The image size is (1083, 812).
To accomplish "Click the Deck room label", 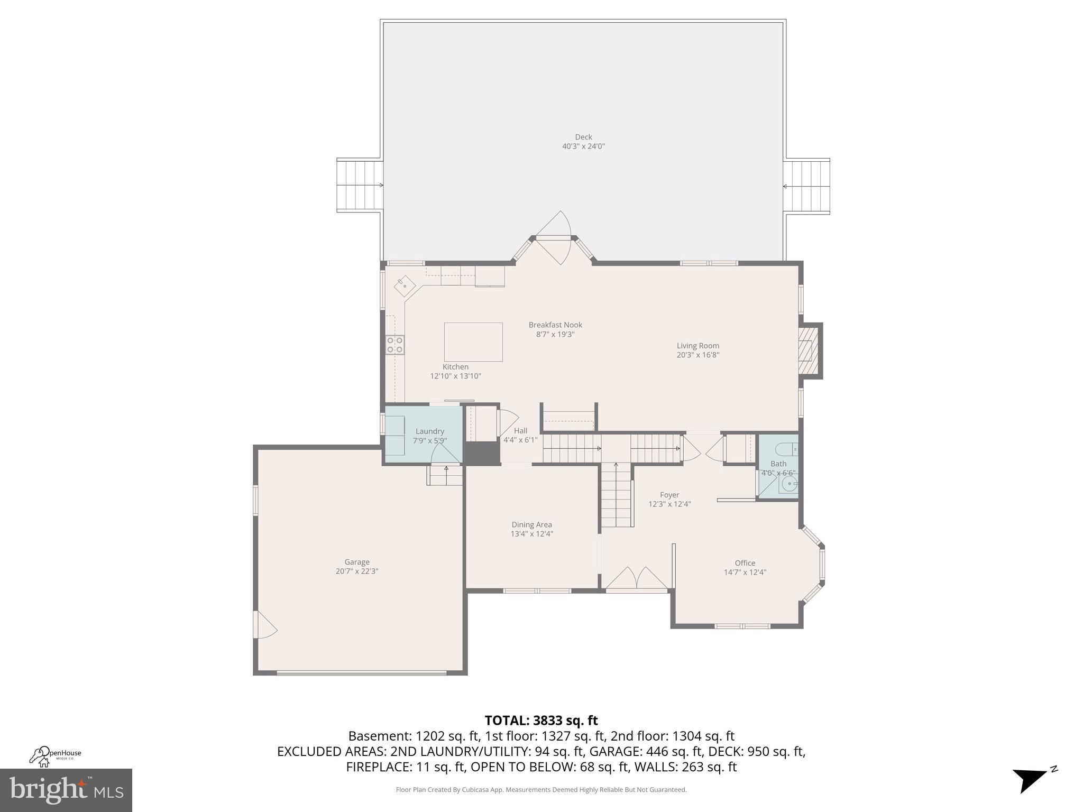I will [x=583, y=137].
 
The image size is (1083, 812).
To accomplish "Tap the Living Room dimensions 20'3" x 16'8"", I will [x=698, y=355].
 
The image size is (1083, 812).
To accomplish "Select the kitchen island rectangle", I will [x=473, y=342].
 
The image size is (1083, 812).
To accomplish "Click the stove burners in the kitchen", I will [x=394, y=345].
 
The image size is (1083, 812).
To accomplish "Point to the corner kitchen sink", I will [x=405, y=285].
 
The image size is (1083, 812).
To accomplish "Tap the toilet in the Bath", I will [x=786, y=449].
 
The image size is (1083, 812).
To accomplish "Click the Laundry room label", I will [x=429, y=431].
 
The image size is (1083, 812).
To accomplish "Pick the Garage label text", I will [x=357, y=562].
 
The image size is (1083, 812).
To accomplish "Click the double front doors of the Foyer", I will [x=637, y=578].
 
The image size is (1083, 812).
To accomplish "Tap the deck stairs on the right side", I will [x=806, y=186].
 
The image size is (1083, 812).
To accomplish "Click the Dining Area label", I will [x=531, y=524].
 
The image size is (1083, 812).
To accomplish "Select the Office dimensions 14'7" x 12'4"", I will [x=745, y=572].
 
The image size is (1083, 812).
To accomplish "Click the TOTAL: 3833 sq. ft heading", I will [x=541, y=720].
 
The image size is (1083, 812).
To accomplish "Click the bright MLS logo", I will [x=66, y=790].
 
